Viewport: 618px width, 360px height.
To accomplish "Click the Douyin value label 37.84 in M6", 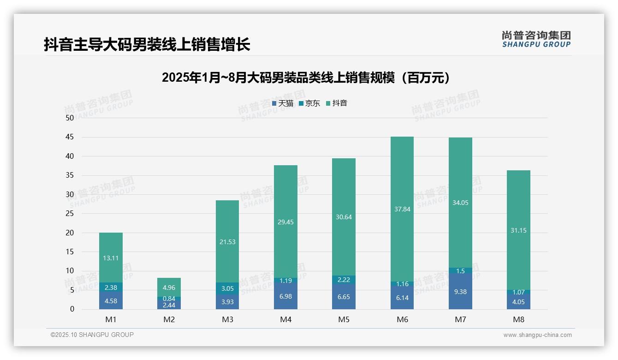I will click(x=402, y=209).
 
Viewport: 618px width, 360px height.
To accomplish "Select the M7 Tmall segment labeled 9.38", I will click(x=460, y=292).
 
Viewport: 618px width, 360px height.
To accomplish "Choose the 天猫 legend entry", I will click(x=283, y=103).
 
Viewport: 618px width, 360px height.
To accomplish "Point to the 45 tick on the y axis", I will click(x=70, y=137).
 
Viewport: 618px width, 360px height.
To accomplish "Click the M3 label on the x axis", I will click(x=227, y=319).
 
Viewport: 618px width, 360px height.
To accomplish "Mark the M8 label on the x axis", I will click(x=518, y=319).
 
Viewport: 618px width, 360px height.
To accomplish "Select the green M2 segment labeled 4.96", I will click(x=169, y=288).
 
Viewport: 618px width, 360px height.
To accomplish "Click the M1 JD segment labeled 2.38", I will click(x=111, y=288).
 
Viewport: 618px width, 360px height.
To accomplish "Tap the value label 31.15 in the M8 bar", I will click(x=518, y=230).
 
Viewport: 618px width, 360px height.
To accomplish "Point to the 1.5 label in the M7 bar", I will click(x=460, y=271).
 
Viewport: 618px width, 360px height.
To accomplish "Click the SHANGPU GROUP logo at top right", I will click(x=536, y=39).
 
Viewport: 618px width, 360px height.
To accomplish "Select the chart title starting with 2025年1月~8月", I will click(x=306, y=78).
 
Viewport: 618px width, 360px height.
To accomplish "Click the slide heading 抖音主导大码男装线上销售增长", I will click(x=147, y=45).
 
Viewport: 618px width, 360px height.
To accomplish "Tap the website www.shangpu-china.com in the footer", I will click(x=537, y=335).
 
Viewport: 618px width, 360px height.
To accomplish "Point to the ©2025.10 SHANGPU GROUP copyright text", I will click(x=92, y=335).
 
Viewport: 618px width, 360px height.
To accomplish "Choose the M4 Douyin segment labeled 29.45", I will click(x=285, y=222).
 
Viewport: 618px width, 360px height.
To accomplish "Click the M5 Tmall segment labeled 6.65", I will click(x=344, y=297).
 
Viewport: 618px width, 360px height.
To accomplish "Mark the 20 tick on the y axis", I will click(x=70, y=233).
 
